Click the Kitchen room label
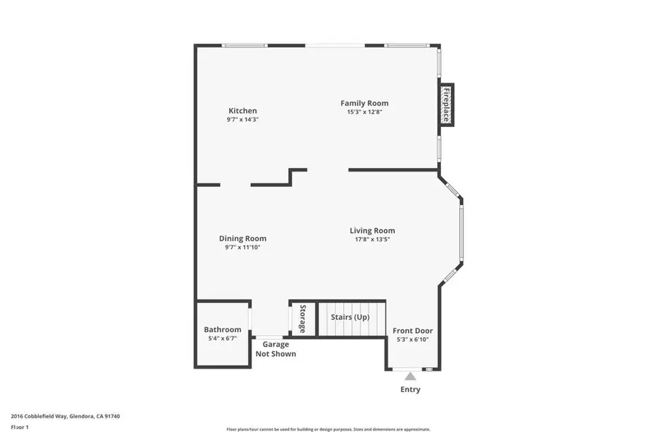[x=242, y=111]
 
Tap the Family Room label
[x=364, y=103]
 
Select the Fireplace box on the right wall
[x=446, y=105]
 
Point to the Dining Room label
[x=242, y=238]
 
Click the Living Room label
[x=372, y=231]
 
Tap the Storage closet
[x=302, y=318]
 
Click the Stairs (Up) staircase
[x=350, y=318]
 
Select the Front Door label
[x=412, y=331]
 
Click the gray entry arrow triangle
[x=410, y=377]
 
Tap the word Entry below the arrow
[x=410, y=390]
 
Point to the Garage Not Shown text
[x=275, y=349]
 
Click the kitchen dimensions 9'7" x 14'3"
[x=242, y=119]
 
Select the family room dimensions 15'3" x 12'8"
[x=364, y=112]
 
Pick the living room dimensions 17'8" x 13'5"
[x=372, y=239]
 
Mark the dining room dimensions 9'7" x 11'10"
[x=242, y=247]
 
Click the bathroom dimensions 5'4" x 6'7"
[x=222, y=339]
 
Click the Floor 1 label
[x=20, y=426]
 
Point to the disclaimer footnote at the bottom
[x=328, y=429]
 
